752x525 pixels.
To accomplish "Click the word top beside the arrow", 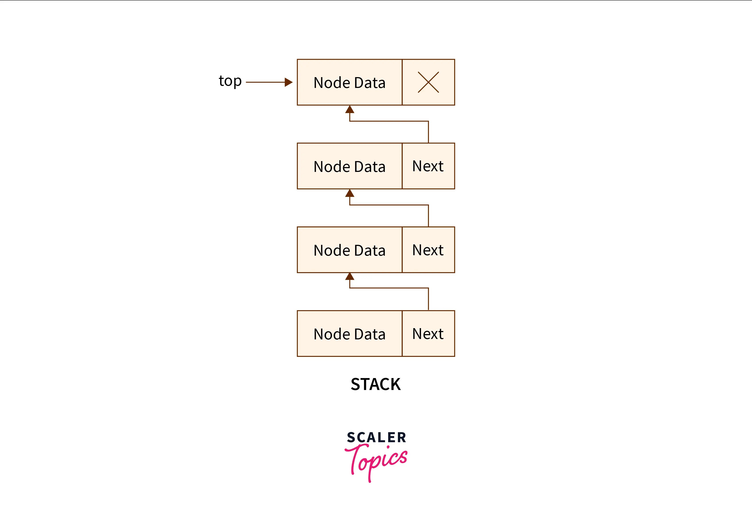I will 230,81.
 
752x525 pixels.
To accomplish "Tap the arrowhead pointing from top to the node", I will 288,82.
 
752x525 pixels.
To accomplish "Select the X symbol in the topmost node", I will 428,82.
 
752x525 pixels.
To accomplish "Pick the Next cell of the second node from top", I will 428,166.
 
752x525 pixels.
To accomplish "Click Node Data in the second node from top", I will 349,167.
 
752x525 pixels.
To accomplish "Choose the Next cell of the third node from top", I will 428,250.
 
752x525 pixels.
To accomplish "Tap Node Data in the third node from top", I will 349,250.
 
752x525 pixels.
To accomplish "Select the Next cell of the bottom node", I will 428,334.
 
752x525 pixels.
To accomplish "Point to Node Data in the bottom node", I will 349,334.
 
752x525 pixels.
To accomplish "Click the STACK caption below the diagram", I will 376,384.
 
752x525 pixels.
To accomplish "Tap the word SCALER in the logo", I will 376,437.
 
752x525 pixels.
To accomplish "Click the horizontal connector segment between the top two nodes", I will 389,121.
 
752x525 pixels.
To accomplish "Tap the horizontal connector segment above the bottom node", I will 389,288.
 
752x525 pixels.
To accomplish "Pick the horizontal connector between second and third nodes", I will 389,205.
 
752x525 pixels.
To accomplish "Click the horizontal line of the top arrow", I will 265,82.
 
